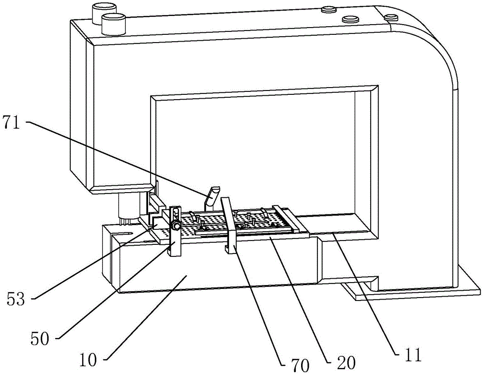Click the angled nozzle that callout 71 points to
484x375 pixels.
tap(211, 196)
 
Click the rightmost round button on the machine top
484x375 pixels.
tap(391, 17)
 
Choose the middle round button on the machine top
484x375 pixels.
tap(349, 20)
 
